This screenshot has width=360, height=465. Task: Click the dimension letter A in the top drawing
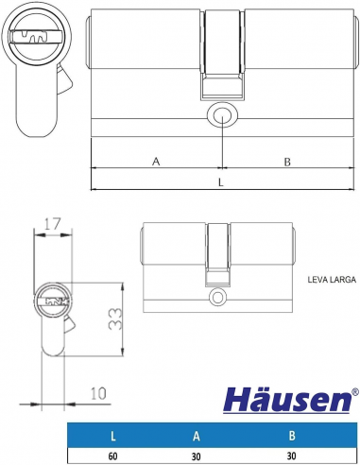coord(156,162)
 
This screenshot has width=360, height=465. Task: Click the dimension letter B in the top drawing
coord(286,162)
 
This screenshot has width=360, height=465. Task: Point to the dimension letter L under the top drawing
coord(220,181)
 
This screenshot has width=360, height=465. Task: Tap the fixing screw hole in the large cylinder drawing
coord(221,117)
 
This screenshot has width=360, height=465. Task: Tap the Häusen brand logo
coord(284,401)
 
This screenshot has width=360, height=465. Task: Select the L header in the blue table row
coord(112,437)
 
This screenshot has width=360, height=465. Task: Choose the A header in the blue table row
coord(195,437)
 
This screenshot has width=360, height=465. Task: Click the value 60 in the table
coord(112,456)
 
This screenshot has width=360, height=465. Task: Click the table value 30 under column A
coord(195,456)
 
